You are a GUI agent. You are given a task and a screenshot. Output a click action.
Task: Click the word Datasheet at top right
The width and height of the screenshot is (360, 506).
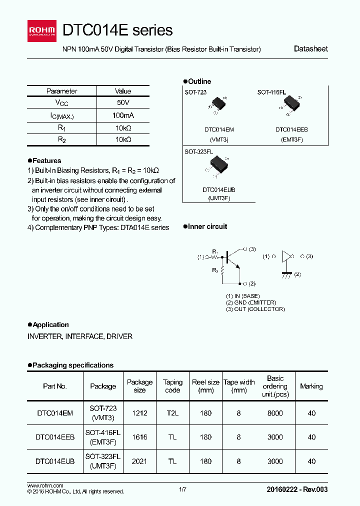[310, 49]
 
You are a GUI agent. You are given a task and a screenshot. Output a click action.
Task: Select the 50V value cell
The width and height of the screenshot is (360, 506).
[122, 103]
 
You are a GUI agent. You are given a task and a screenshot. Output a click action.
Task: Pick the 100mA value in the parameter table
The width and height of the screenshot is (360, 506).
[122, 115]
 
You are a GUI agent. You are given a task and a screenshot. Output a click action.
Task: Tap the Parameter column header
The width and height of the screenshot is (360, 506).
[61, 91]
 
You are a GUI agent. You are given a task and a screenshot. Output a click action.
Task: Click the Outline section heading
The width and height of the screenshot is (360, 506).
[199, 81]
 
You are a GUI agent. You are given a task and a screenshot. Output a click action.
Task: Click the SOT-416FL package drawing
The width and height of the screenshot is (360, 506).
[290, 104]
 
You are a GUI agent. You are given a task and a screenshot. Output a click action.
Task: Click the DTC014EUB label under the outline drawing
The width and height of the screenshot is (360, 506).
[219, 190]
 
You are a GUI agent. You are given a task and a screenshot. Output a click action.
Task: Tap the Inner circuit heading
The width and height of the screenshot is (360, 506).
[207, 226]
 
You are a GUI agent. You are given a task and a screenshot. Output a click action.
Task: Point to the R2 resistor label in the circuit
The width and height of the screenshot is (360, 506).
[215, 270]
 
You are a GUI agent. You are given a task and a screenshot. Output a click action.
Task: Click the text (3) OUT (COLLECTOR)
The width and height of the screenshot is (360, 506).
[255, 309]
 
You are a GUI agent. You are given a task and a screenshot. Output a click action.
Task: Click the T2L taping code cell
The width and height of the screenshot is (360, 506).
[172, 413]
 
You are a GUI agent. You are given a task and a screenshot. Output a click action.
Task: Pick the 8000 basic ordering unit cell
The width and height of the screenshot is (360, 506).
[275, 413]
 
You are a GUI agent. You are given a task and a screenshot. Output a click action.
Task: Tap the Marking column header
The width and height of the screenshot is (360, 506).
[311, 386]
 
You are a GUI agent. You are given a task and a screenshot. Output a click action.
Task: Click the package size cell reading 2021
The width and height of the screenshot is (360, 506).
[139, 461]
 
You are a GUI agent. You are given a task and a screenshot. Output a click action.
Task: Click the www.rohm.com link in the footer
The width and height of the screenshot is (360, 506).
[45, 486]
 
